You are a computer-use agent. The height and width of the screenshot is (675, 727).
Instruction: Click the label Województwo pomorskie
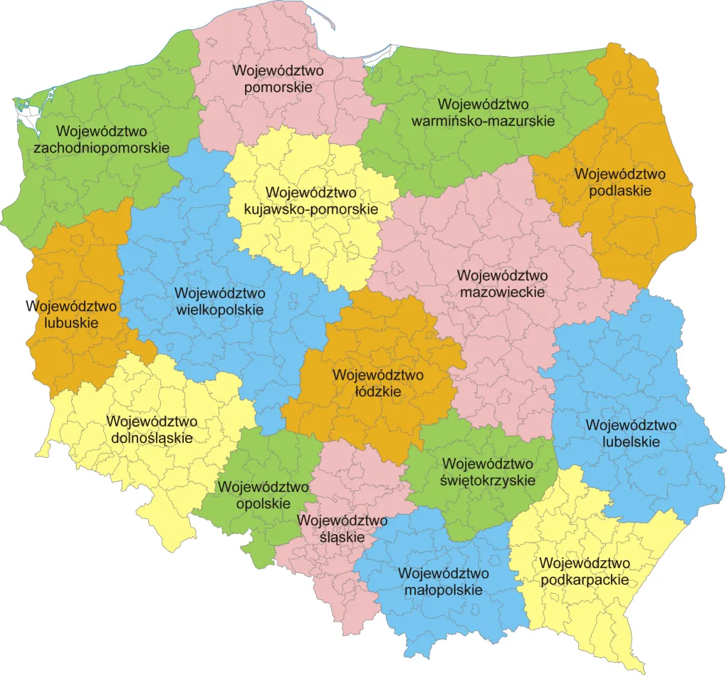pos(278,79)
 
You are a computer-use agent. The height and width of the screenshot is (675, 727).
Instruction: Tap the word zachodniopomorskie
pos(102,148)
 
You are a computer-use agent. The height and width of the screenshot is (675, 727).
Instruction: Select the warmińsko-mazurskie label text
pos(483,121)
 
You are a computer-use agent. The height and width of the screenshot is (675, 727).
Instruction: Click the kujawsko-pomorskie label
pos(310,210)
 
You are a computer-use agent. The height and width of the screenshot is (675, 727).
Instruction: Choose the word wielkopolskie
pos(219,310)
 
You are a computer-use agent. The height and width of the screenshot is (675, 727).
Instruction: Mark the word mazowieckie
pos(503,292)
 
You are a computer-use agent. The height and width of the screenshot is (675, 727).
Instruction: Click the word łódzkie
pos(378,392)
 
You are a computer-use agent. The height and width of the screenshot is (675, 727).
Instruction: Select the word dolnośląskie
pos(152,437)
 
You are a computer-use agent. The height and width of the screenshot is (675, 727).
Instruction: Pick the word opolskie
pos(263,503)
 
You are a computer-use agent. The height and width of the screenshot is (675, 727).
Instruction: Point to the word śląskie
pos(342,537)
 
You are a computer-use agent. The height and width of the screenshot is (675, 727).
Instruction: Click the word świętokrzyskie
pos(488,481)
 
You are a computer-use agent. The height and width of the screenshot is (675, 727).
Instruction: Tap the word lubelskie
pos(631,441)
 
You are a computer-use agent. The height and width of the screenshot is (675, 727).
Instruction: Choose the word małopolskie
pos(443,590)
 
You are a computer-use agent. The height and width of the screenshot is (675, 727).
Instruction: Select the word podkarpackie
pos(585,580)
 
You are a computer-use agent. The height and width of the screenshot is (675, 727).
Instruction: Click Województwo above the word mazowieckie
pos(503,275)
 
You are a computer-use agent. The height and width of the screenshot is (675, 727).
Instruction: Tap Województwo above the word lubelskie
pos(631,425)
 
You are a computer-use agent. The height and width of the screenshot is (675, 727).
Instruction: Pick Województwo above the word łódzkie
pos(378,375)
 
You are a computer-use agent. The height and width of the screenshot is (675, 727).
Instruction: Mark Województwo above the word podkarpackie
pos(585,563)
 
